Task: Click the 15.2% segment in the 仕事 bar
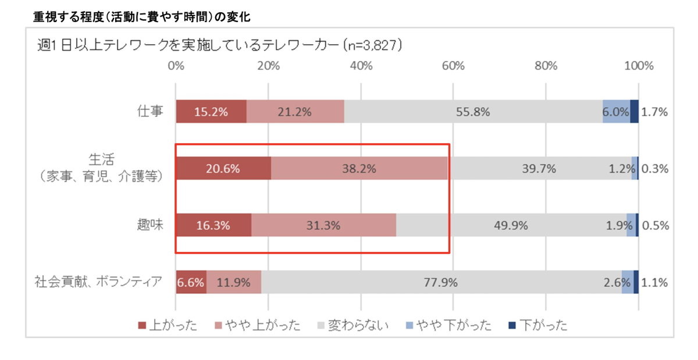(x=211, y=112)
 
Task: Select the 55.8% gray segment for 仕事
(x=473, y=112)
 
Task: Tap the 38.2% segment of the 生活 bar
(x=359, y=169)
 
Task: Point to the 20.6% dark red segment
(x=223, y=169)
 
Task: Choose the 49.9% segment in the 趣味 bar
(x=511, y=225)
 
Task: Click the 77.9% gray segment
(x=440, y=283)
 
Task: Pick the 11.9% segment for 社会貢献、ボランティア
(x=234, y=283)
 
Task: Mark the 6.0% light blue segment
(x=616, y=112)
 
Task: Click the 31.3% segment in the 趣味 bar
(x=323, y=225)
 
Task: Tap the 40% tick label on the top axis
(x=361, y=65)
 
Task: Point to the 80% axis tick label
(x=546, y=65)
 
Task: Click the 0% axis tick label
(x=176, y=65)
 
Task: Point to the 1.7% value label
(x=655, y=112)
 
